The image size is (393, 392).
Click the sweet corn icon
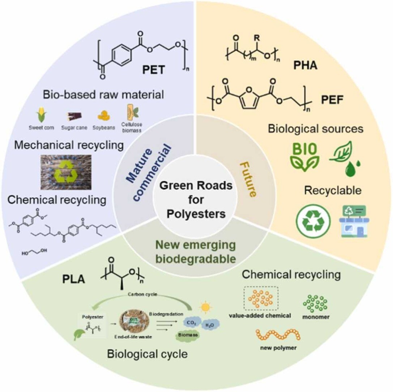click(x=42, y=116)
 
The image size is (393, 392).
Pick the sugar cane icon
click(x=74, y=116)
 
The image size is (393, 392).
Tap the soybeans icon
click(x=103, y=116)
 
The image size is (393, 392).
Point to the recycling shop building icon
click(x=354, y=221)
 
